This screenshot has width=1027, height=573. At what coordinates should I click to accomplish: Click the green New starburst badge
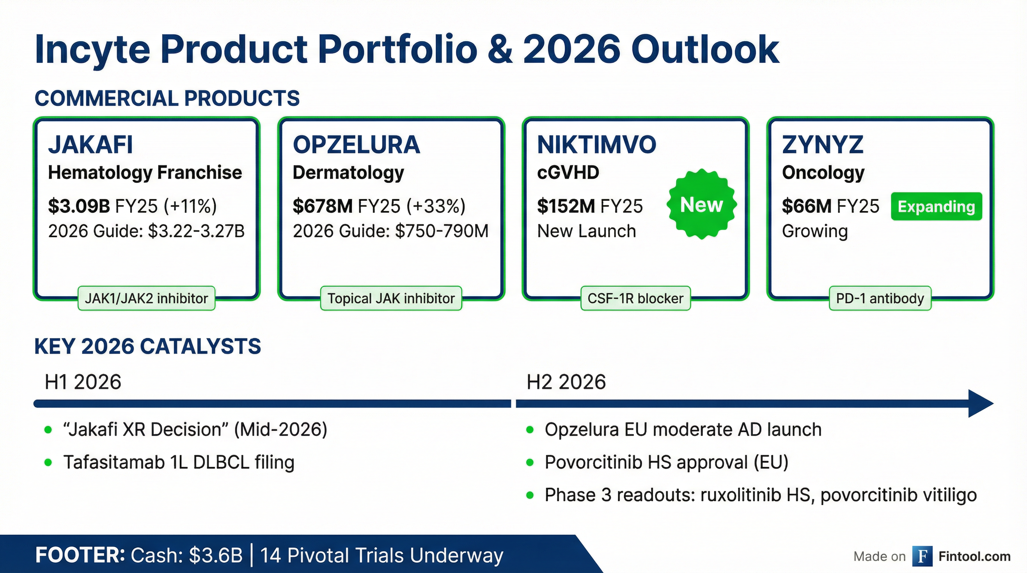pyautogui.click(x=701, y=204)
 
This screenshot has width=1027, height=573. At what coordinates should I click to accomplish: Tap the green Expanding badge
pyautogui.click(x=936, y=206)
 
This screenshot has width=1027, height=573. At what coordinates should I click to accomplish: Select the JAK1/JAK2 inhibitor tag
pyautogui.click(x=146, y=298)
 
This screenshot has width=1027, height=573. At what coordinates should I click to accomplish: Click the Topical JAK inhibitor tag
pyautogui.click(x=391, y=298)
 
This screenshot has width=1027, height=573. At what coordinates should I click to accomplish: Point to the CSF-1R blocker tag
pyautogui.click(x=635, y=298)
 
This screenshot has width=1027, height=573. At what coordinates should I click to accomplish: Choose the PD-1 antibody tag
pyautogui.click(x=880, y=298)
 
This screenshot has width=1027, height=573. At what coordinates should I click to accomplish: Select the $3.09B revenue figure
pyautogui.click(x=78, y=206)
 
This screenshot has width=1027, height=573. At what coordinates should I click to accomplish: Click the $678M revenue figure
pyautogui.click(x=322, y=206)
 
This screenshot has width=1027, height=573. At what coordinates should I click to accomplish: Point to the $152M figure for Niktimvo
pyautogui.click(x=566, y=206)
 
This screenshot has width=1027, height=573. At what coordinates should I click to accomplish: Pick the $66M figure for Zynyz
pyautogui.click(x=806, y=206)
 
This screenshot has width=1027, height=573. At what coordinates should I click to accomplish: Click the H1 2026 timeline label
pyautogui.click(x=83, y=382)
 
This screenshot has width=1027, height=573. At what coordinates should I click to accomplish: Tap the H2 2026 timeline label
pyautogui.click(x=566, y=382)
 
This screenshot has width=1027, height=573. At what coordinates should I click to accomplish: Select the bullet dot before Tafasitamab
pyautogui.click(x=48, y=463)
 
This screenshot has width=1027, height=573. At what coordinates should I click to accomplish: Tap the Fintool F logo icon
pyautogui.click(x=922, y=556)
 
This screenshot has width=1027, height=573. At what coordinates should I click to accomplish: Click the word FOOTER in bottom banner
pyautogui.click(x=80, y=555)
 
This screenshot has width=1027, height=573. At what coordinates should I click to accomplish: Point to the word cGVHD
pyautogui.click(x=568, y=173)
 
